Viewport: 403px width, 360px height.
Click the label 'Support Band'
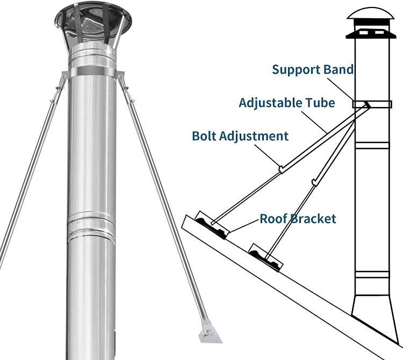tap(313, 69)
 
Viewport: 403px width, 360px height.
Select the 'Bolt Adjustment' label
tap(240, 135)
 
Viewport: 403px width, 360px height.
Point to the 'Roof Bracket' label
tap(298, 219)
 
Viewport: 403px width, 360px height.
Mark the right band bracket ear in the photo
tap(123, 76)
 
